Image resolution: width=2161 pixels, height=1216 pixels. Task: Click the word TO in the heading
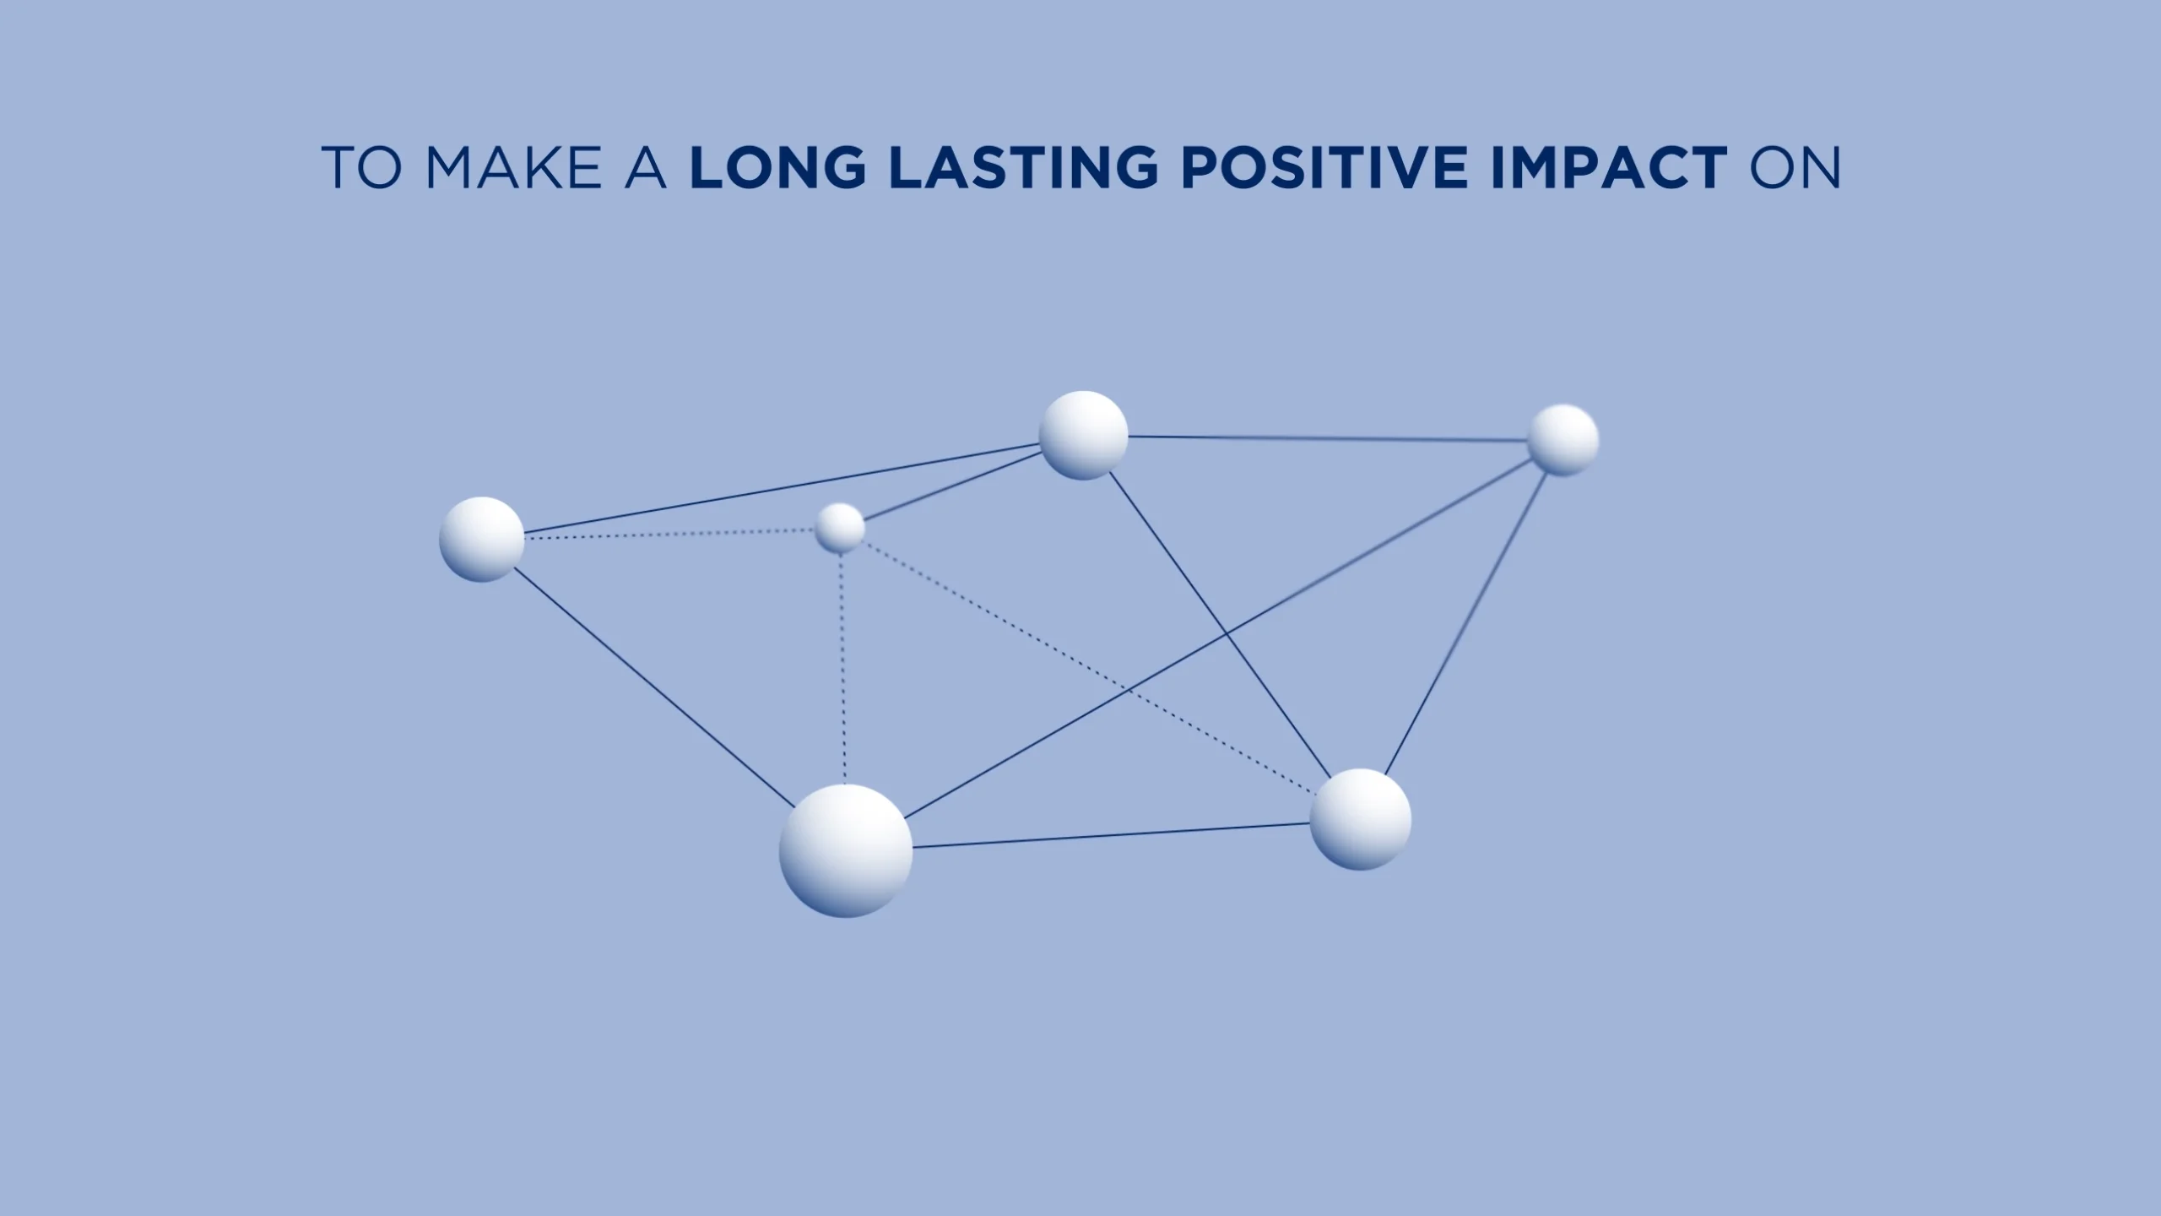360,167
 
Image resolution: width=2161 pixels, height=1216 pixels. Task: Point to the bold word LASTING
1024,167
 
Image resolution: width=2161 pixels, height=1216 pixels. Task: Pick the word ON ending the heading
1795,167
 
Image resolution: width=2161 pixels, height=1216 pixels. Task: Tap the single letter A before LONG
646,167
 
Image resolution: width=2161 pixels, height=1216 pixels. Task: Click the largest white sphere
846,850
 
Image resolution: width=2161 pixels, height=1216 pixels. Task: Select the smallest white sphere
840,528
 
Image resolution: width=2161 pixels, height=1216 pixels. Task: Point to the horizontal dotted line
669,534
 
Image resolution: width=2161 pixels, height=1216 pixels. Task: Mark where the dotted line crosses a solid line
1129,691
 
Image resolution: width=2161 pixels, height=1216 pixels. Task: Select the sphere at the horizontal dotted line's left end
482,540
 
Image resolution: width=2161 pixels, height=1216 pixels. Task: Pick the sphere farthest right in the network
1564,440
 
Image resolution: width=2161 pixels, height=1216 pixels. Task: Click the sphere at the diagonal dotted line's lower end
1361,819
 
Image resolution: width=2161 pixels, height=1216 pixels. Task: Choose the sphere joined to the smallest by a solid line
1083,435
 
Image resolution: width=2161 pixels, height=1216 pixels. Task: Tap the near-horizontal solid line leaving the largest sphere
1112,835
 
